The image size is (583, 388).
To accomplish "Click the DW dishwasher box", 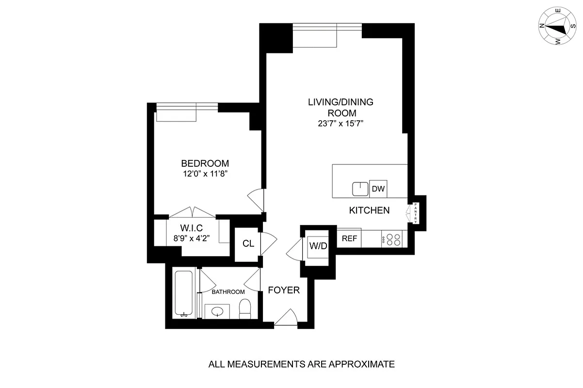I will (378, 189).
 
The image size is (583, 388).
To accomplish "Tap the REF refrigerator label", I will (349, 238).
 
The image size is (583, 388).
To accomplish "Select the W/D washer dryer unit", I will (318, 246).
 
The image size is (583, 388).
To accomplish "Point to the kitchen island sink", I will (360, 188).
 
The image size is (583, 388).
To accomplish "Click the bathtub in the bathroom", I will (184, 294).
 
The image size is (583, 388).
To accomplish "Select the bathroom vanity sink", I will (217, 310).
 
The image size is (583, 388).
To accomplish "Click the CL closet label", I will (248, 243).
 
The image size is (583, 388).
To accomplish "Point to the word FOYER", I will (284, 291).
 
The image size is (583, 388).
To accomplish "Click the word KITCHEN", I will (370, 210).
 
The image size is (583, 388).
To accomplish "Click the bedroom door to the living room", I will (256, 199).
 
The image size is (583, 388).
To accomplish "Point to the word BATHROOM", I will (228, 292).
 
